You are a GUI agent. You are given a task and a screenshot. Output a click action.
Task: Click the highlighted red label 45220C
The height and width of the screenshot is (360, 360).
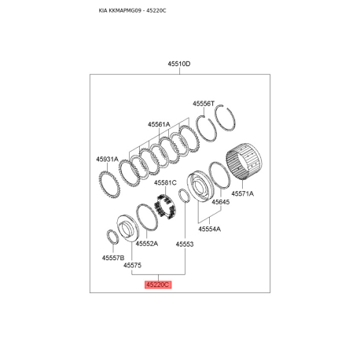(158, 285)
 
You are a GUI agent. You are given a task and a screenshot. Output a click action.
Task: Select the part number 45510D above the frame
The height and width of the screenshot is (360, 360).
(179, 64)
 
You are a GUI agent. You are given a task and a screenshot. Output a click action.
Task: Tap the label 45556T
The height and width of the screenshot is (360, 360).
(204, 104)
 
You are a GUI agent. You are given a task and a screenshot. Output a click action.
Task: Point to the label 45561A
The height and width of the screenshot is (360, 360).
(159, 124)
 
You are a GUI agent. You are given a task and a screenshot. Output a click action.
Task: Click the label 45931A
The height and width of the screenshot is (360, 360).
(107, 159)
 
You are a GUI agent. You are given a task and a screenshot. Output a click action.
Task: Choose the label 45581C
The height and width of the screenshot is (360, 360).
(165, 182)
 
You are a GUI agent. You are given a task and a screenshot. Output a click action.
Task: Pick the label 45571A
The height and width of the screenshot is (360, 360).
(242, 193)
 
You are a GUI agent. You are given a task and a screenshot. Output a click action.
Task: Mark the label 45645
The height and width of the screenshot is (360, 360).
(221, 202)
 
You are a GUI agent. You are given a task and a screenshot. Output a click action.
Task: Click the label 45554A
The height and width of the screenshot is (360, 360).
(210, 229)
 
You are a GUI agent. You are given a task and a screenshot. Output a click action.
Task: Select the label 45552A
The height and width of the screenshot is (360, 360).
(147, 244)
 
